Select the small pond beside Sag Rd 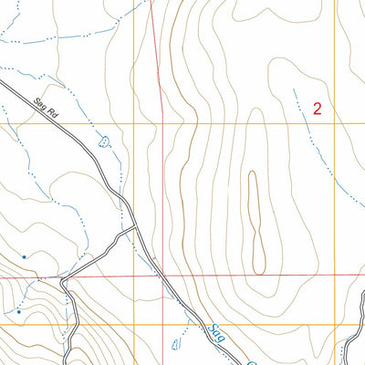(103, 142)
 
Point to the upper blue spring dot (24, 256)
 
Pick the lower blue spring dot (17, 311)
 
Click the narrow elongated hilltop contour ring (255, 219)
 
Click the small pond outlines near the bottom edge (176, 344)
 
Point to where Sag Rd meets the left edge (2, 82)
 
